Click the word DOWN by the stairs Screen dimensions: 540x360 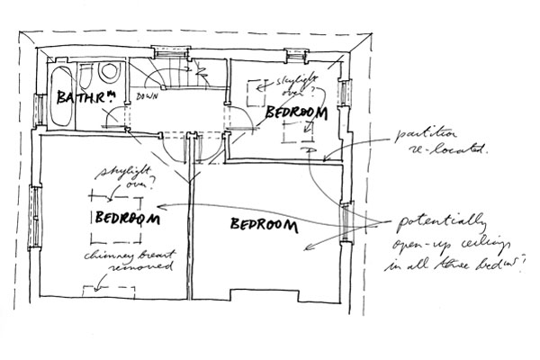pyautogui.click(x=147, y=96)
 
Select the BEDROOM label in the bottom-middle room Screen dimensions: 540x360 pyautogui.click(x=263, y=225)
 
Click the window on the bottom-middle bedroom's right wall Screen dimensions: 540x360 pyautogui.click(x=348, y=223)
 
